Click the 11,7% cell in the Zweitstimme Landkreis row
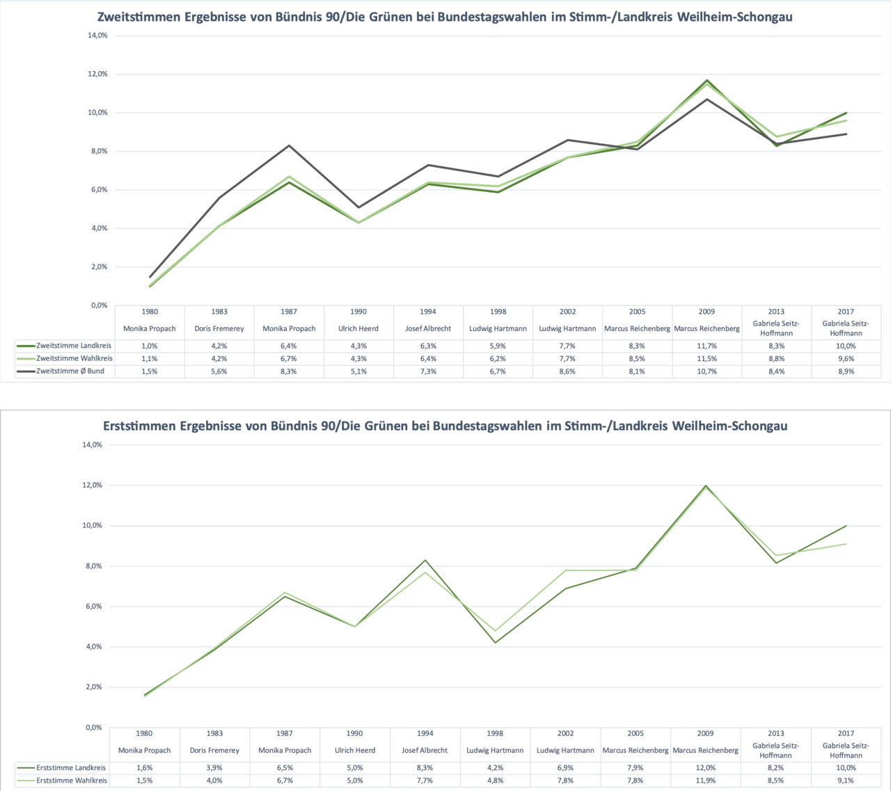click(707, 346)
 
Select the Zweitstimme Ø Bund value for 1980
click(150, 371)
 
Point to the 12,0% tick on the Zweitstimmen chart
click(97, 74)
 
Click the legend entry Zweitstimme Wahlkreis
click(74, 358)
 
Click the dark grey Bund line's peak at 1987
click(289, 145)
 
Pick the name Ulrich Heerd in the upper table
click(358, 329)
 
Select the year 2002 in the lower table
click(565, 733)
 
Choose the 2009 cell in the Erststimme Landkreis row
click(705, 768)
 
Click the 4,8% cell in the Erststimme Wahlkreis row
click(495, 781)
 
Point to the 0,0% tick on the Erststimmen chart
click(93, 728)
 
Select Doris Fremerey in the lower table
click(214, 751)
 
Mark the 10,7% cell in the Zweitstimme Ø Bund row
click(707, 371)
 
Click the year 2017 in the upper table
click(846, 312)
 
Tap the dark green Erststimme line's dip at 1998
click(495, 642)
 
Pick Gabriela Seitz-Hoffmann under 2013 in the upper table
click(776, 328)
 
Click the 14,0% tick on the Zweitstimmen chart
click(97, 35)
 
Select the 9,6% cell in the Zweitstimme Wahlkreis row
click(846, 359)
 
